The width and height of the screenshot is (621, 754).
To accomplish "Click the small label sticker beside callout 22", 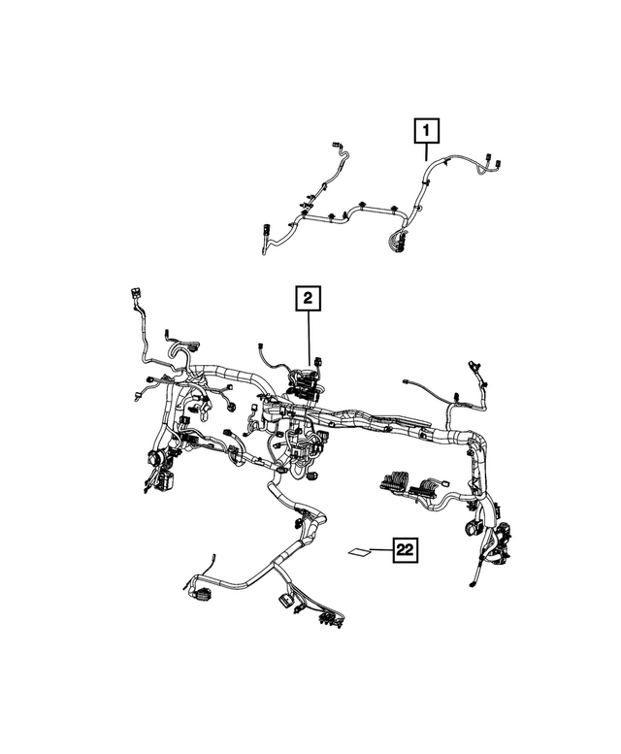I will pyautogui.click(x=359, y=552).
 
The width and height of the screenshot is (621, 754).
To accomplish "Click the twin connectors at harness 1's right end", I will pyautogui.click(x=492, y=165).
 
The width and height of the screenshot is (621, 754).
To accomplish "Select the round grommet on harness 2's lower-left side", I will pyautogui.click(x=153, y=459).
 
